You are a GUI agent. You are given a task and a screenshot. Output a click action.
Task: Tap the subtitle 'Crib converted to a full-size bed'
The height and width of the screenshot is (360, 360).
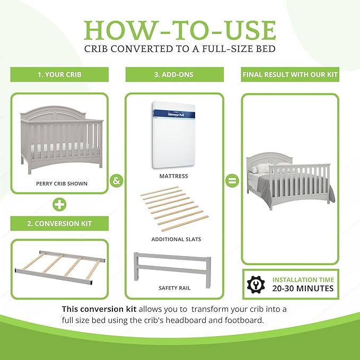point(180,49)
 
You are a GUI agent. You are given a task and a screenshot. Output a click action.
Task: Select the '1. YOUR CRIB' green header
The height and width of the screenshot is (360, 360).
point(59,75)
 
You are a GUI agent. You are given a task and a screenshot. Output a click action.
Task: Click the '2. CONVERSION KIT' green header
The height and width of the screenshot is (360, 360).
point(59,223)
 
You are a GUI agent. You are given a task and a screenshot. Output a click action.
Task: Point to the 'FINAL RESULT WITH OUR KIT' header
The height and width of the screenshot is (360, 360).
point(290,75)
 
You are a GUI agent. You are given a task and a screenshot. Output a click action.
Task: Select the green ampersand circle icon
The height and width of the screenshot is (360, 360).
point(117,180)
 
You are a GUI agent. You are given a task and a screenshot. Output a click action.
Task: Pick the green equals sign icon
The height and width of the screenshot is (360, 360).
point(231,180)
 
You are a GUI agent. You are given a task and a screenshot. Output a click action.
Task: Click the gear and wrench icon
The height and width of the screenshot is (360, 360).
point(255,284)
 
